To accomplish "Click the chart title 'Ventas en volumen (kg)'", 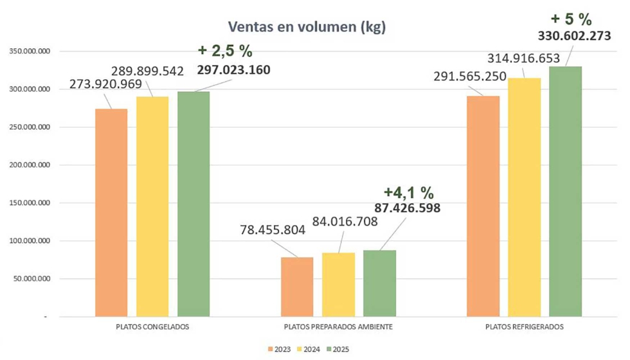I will click(307, 28).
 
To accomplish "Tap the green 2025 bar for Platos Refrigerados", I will click(566, 192).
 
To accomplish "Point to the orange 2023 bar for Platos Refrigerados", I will click(483, 206).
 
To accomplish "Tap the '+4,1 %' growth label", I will click(408, 192).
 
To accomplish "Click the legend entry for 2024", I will click(310, 349).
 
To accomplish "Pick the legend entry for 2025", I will click(338, 349).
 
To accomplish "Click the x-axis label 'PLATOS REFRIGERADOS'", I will click(524, 327).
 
